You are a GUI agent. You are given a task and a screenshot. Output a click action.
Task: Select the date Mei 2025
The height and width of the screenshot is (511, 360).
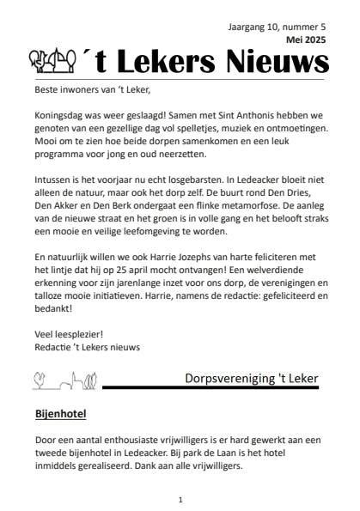306,40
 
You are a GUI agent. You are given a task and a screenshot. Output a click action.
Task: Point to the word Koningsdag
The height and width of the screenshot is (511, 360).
63,114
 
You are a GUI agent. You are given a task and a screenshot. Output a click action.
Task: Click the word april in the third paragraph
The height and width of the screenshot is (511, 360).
152,270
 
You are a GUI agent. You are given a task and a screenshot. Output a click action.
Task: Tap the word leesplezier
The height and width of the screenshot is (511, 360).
76,333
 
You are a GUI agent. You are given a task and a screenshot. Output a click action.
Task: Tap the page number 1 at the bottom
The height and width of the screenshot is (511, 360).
180,499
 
